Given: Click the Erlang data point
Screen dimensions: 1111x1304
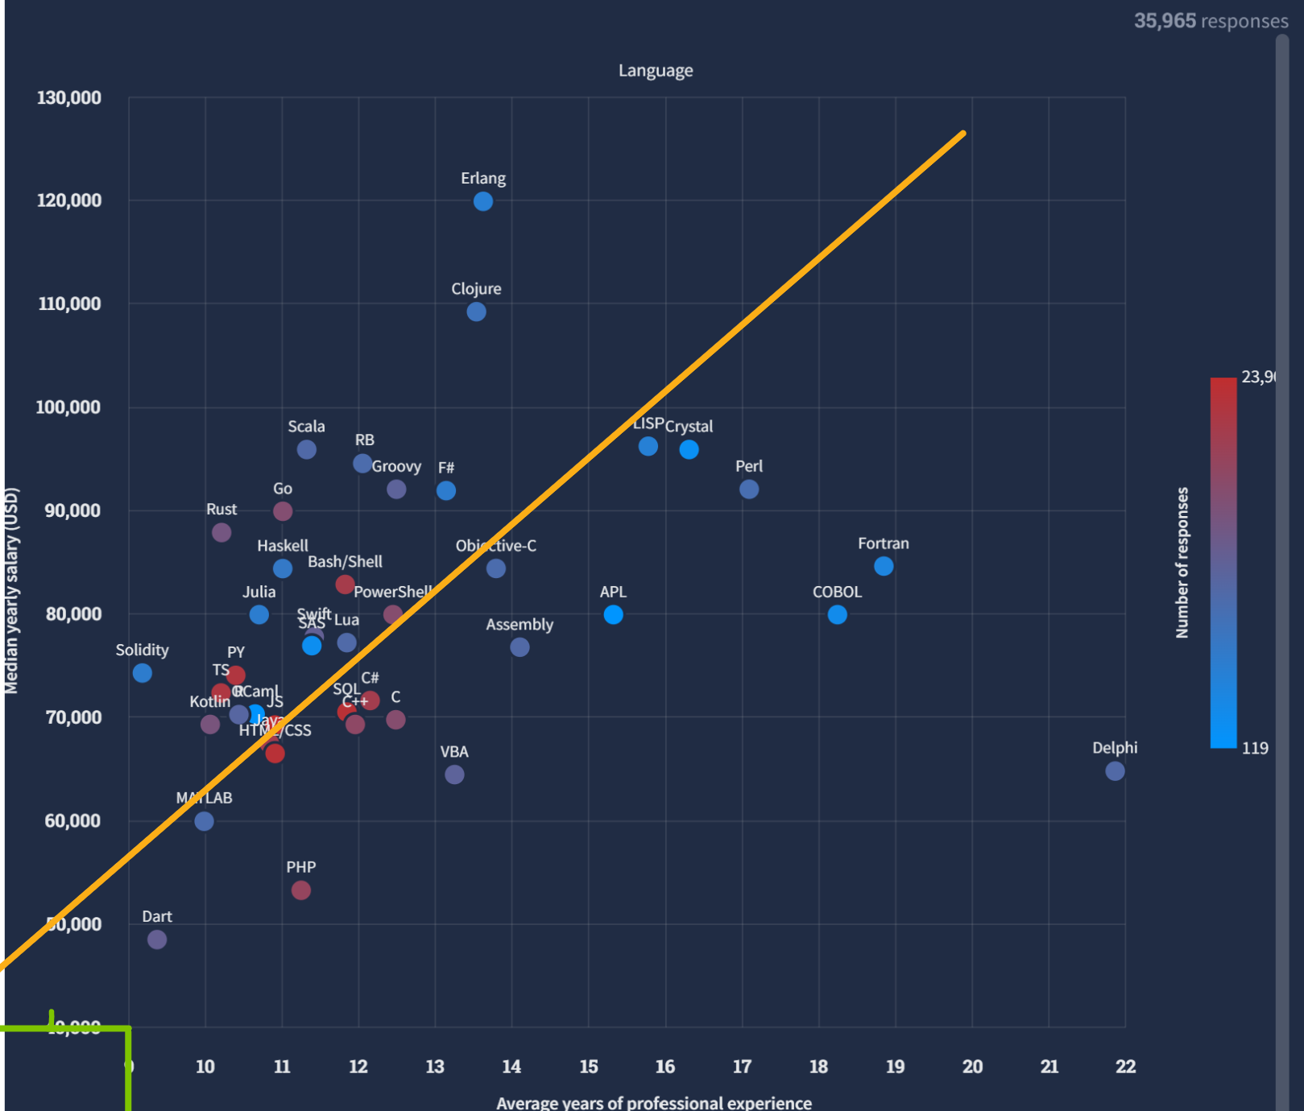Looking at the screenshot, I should coord(483,201).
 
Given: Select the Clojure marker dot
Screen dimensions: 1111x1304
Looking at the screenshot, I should coord(476,312).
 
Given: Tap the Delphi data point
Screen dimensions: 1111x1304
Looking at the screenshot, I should coord(1115,771).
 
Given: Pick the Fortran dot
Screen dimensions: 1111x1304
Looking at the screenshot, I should coord(884,566).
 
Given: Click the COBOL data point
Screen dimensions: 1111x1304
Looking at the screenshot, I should coord(837,615).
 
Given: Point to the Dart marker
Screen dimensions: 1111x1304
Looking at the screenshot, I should coord(157,940).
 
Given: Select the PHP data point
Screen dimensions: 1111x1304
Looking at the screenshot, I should coord(300,890).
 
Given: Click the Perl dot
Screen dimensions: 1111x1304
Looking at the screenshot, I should coord(749,489).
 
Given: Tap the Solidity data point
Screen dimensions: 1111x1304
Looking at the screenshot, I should coord(143,673).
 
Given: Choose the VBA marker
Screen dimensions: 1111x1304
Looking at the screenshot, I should coord(454,774).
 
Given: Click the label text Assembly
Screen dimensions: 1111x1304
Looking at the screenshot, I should coord(520,625).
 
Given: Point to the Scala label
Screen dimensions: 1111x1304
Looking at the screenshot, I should coord(306,427).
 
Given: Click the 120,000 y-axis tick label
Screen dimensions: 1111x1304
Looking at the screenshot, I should coord(69,200).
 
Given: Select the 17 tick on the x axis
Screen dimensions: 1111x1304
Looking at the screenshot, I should coord(742,1067).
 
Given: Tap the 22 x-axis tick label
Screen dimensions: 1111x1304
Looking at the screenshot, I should coord(1125,1067).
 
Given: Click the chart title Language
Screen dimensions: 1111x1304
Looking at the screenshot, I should coord(656,71).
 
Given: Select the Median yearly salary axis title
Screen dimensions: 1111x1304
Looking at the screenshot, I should coord(11,591).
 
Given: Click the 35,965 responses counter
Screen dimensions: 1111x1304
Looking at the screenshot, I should coord(1211,21).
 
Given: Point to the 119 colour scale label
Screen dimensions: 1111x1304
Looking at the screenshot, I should coord(1255,749).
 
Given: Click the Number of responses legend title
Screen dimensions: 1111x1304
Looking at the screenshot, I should coord(1182,563).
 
